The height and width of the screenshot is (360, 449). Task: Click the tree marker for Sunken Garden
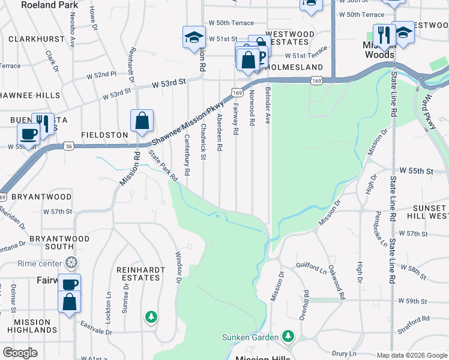289,335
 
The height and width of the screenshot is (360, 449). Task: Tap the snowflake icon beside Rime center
71,263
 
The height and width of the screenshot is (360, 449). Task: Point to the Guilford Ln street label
312,265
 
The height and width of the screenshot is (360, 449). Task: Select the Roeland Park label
49,5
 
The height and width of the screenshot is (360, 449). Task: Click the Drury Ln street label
344,354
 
